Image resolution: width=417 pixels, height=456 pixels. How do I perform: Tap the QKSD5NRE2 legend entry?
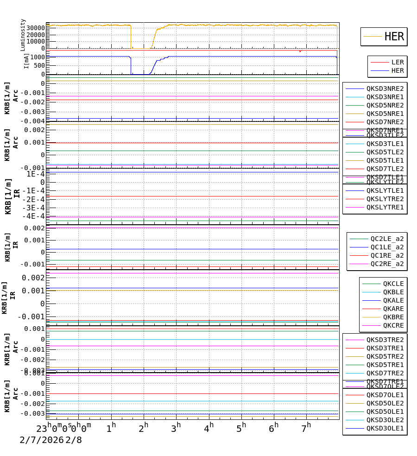click(x=385, y=105)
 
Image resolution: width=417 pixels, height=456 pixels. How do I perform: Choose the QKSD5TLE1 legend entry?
click(x=385, y=160)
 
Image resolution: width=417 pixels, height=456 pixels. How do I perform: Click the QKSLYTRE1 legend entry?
click(x=385, y=207)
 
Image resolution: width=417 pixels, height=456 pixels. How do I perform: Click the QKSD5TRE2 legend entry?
click(x=385, y=356)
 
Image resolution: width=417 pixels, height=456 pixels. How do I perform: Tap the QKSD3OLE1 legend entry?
click(x=385, y=428)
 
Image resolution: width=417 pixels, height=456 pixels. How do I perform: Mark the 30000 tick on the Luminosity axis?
click(x=36, y=28)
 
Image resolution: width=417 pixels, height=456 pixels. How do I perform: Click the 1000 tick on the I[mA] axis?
click(x=37, y=57)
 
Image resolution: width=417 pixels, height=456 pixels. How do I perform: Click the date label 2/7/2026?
click(x=41, y=440)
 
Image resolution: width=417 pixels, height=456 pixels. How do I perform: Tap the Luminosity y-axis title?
click(x=23, y=35)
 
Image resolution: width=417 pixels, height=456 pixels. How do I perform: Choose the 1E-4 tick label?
click(x=35, y=174)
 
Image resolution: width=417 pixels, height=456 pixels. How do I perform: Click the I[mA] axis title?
click(x=26, y=60)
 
